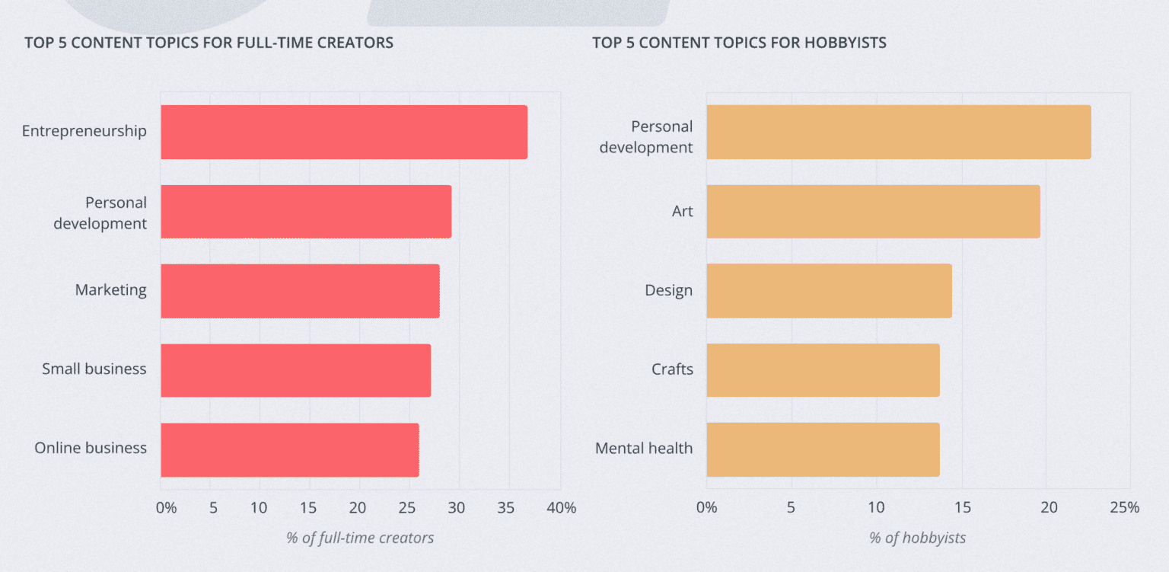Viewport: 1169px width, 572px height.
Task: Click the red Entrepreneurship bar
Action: [x=343, y=132]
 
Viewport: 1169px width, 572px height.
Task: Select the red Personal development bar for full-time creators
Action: [x=305, y=211]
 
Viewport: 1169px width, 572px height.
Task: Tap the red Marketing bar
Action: [x=300, y=290]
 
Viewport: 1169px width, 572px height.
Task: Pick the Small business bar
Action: [x=295, y=369]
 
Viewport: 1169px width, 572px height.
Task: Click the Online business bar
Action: [x=289, y=449]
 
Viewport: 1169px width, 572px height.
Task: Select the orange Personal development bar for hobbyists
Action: [x=898, y=132]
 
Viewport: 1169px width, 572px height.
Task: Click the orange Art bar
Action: [x=873, y=211]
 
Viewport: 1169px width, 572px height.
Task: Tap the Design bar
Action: [x=829, y=290]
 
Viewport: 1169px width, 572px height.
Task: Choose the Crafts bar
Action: [x=823, y=369]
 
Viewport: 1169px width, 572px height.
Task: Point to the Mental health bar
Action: [x=823, y=449]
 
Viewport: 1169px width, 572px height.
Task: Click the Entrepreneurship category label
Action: [x=84, y=131]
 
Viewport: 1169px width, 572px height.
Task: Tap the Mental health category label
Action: [x=644, y=448]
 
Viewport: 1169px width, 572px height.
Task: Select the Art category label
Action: [x=682, y=211]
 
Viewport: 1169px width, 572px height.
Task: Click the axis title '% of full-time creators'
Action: [x=360, y=538]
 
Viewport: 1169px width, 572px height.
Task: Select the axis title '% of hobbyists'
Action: [x=917, y=538]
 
